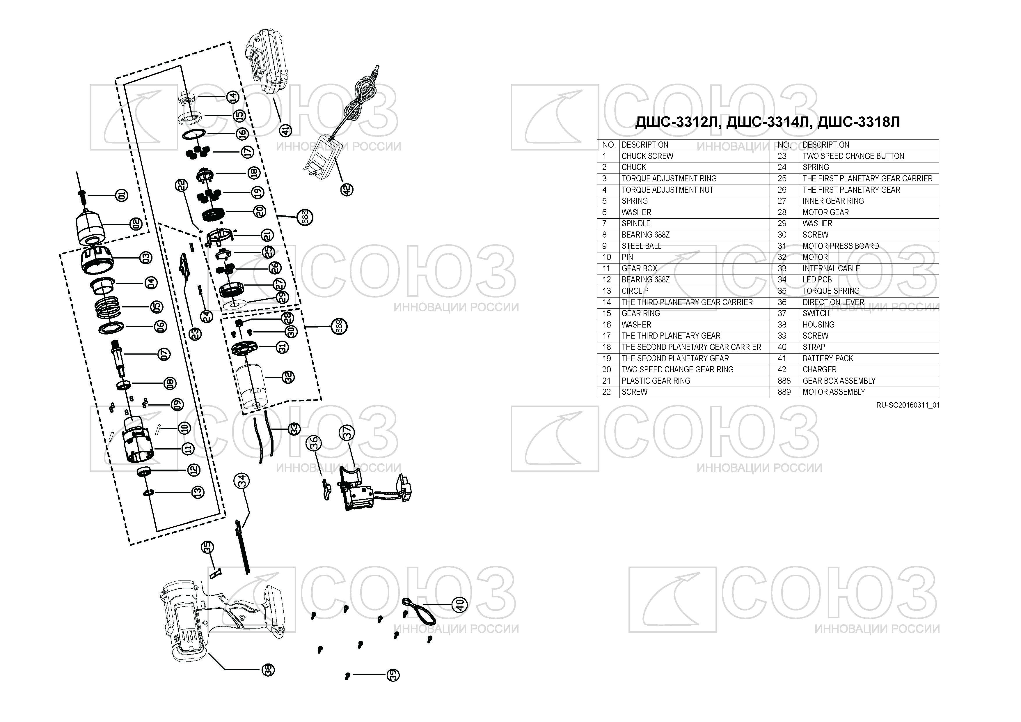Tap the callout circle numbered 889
coord(339,327)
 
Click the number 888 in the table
coord(784,381)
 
